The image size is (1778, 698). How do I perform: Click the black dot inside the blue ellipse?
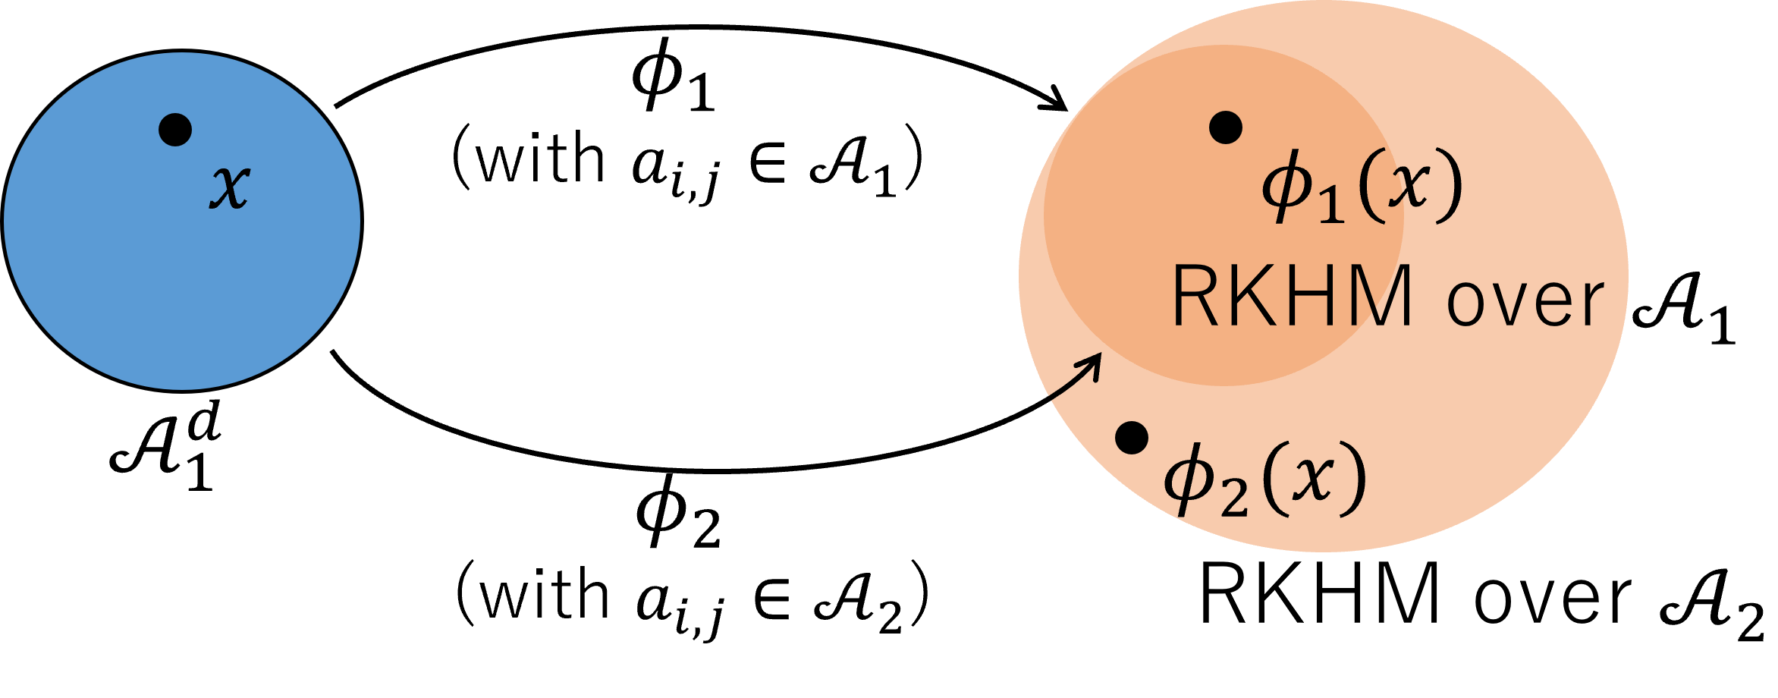pos(175,130)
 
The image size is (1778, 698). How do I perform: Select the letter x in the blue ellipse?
pos(229,186)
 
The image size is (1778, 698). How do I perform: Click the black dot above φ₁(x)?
pos(1226,127)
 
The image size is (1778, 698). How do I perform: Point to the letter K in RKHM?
pos(1252,296)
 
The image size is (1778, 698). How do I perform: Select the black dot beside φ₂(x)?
pos(1132,438)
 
